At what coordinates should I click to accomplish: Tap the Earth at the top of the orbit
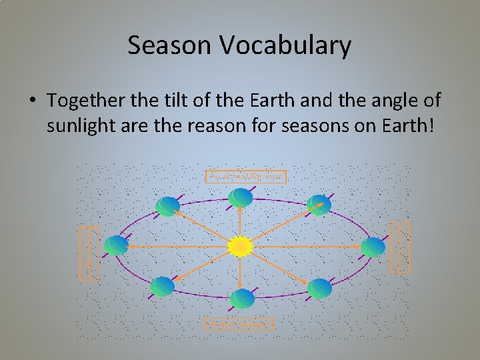pyautogui.click(x=240, y=198)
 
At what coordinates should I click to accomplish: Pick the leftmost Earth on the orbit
pyautogui.click(x=116, y=246)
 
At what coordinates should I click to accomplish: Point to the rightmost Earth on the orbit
pyautogui.click(x=373, y=247)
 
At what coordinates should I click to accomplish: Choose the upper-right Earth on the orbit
pyautogui.click(x=319, y=205)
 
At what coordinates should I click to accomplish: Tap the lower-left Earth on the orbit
pyautogui.click(x=162, y=287)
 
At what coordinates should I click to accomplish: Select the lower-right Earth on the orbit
pyautogui.click(x=319, y=288)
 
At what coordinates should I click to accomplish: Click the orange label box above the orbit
pyautogui.click(x=246, y=177)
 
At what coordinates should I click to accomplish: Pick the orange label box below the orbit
pyautogui.click(x=239, y=324)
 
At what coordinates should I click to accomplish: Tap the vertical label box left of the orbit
pyautogui.click(x=89, y=254)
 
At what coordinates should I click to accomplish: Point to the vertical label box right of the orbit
pyautogui.click(x=400, y=247)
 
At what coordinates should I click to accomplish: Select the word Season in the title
pyautogui.click(x=167, y=46)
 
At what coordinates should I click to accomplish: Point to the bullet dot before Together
pyautogui.click(x=33, y=101)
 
